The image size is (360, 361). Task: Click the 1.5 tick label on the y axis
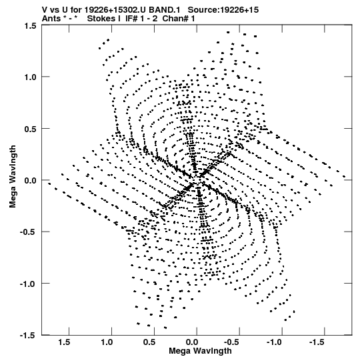[31, 26]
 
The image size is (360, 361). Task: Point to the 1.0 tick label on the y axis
[31, 77]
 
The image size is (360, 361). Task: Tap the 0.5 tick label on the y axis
[31, 129]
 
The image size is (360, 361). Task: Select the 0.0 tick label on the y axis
[31, 180]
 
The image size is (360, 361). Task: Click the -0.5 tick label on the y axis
[29, 232]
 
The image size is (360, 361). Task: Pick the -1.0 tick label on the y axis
[29, 284]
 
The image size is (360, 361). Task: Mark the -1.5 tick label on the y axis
[29, 336]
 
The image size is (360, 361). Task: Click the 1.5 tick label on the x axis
[64, 342]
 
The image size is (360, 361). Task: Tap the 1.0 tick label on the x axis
[107, 342]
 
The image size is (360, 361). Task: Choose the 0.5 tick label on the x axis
[149, 342]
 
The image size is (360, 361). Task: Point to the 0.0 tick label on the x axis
[192, 342]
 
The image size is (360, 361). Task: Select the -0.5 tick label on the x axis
[233, 342]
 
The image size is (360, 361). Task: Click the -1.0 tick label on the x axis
[275, 342]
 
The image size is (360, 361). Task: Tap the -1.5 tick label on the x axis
[318, 342]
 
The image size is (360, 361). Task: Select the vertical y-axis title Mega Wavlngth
[13, 177]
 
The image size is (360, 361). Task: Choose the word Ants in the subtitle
[51, 19]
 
